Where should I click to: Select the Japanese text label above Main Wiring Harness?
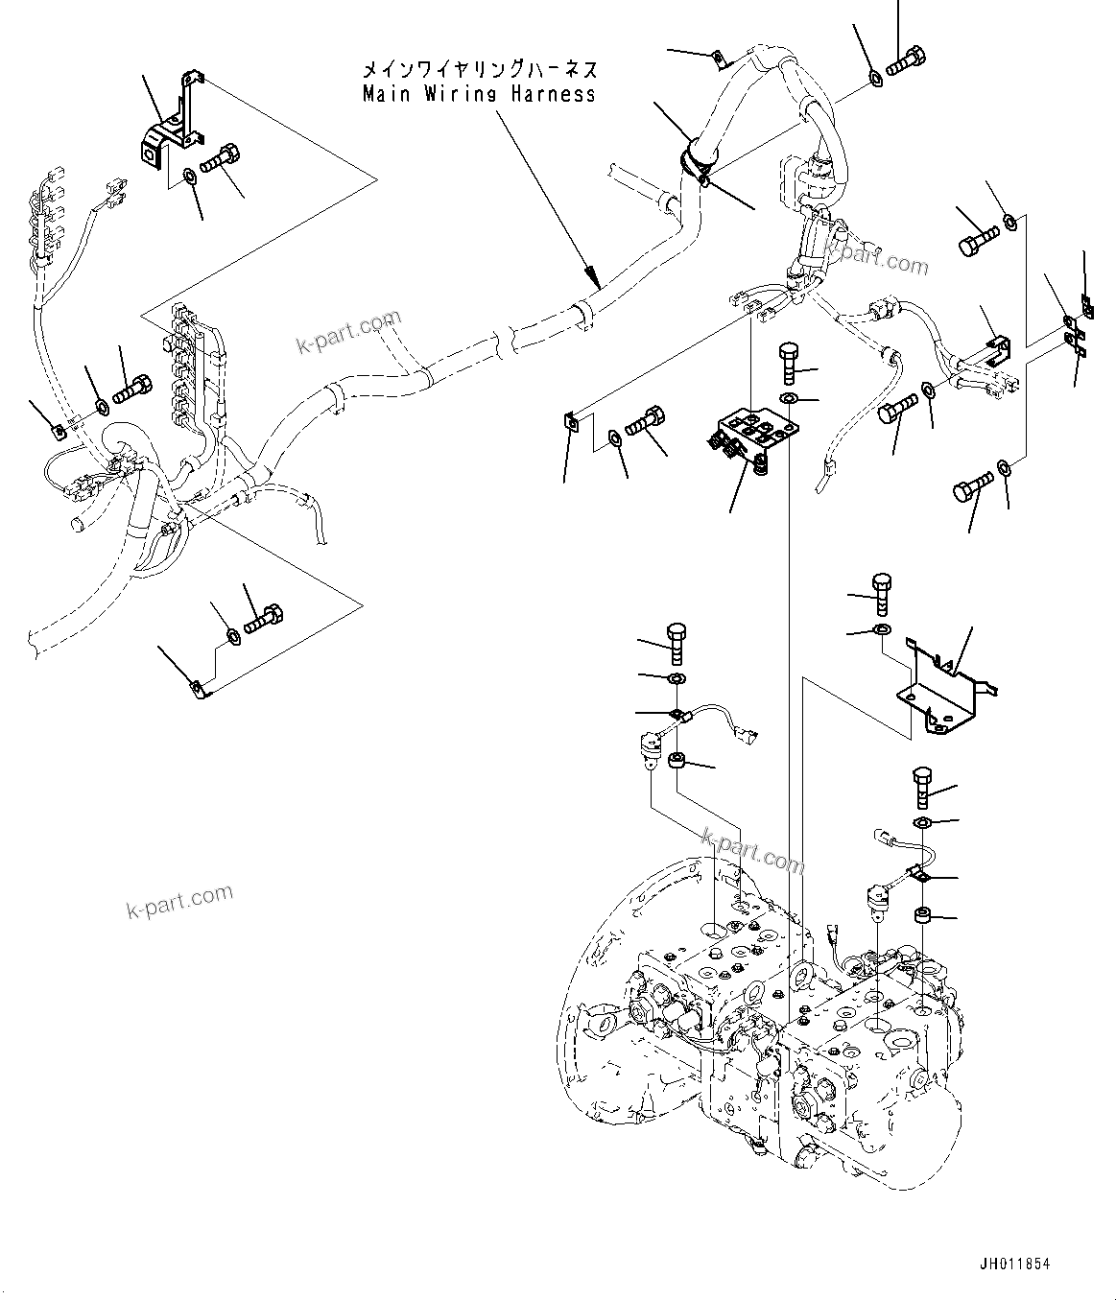tap(479, 70)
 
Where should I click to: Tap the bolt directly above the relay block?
tap(787, 361)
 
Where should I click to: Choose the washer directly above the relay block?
tap(787, 398)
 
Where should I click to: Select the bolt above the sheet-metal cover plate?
tap(882, 593)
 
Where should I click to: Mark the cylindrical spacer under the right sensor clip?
tap(923, 914)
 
